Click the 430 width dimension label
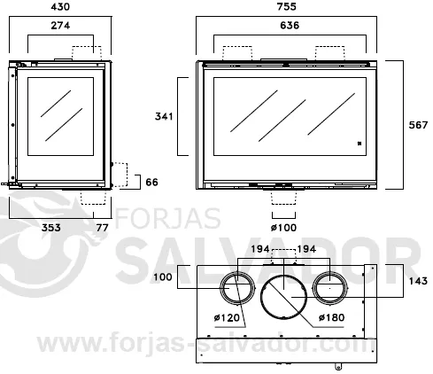coord(60,7)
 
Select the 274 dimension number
coord(60,26)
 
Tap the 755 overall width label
coord(286,6)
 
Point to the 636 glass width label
coord(290,26)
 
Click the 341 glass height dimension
coord(164,116)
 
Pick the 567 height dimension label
coord(418,125)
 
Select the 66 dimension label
coord(151,182)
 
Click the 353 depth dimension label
coord(50,228)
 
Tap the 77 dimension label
coord(102,228)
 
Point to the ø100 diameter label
coord(283,228)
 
